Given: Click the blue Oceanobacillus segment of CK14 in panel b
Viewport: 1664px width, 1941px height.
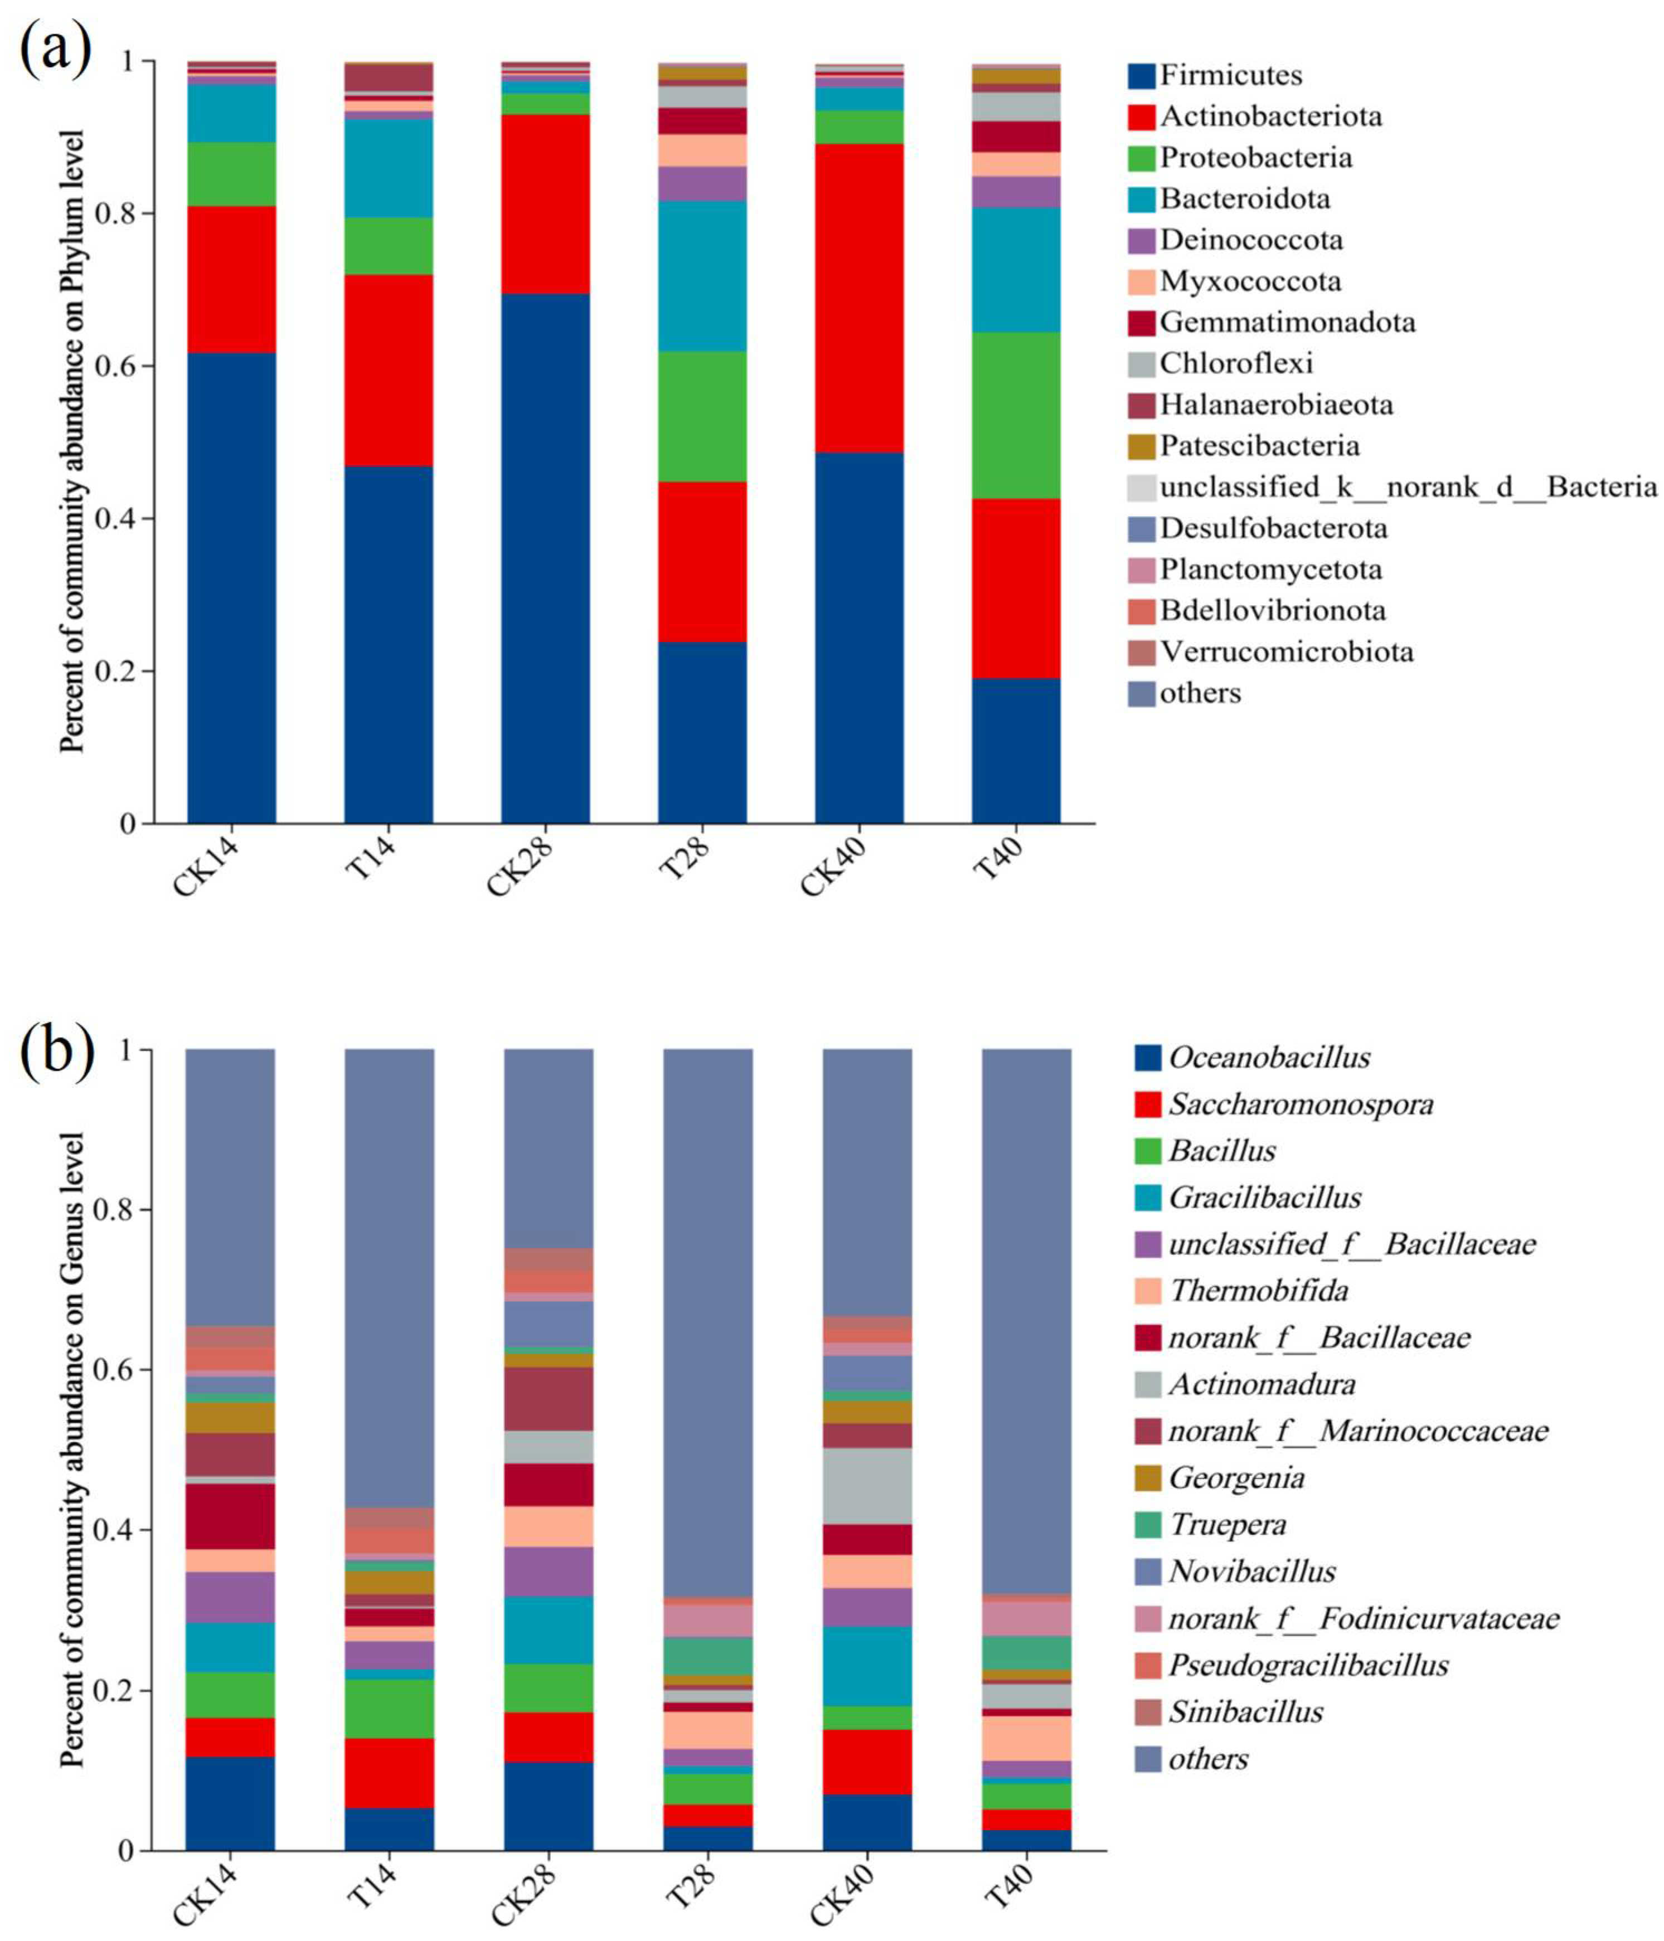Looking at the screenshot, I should (230, 1803).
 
